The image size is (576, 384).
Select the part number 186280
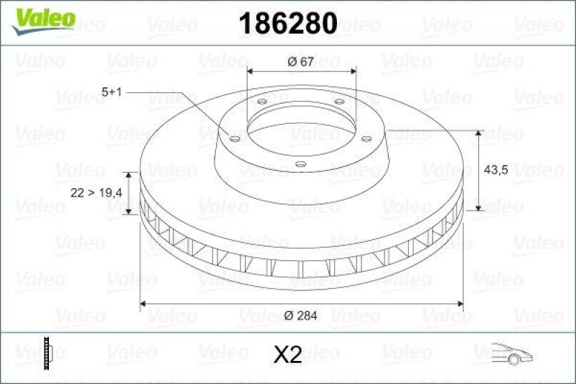coord(287,23)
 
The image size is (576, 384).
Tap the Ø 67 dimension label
coord(300,62)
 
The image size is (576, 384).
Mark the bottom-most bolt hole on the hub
coord(301,164)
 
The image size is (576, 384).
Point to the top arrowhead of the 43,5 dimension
coord(479,134)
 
